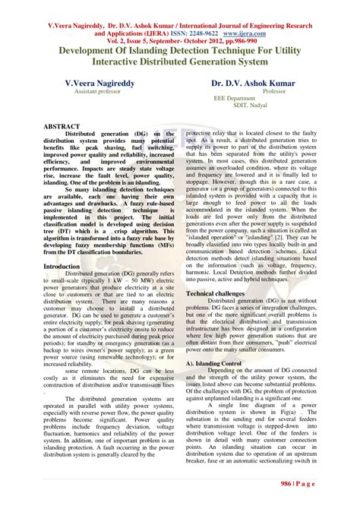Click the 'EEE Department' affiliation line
(234, 99)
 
